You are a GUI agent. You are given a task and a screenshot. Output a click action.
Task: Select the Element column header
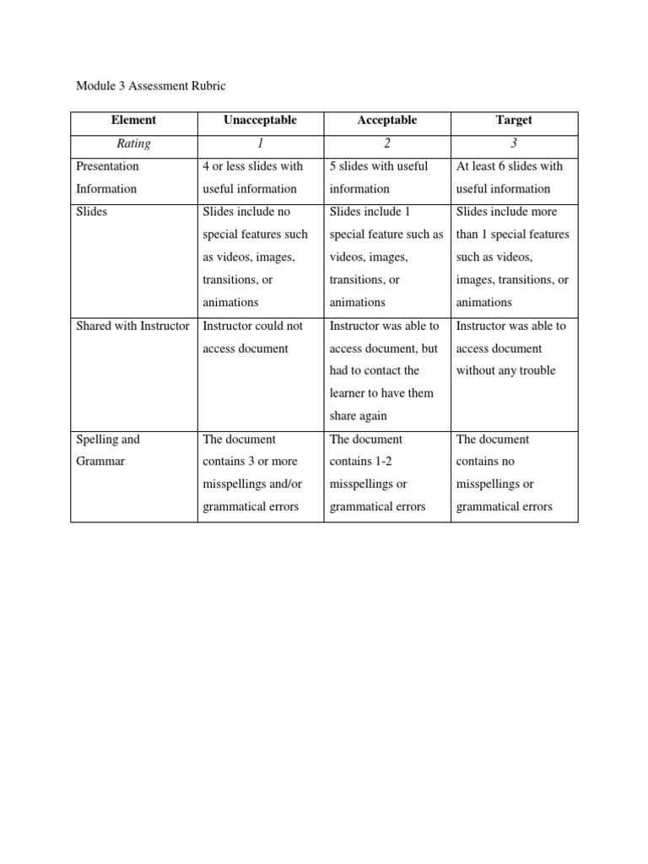click(133, 121)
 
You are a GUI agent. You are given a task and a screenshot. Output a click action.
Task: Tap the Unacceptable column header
click(260, 121)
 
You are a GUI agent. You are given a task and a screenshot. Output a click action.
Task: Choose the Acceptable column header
click(387, 121)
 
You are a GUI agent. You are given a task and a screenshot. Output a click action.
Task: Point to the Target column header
click(514, 121)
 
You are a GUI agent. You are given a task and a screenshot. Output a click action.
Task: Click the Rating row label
click(133, 143)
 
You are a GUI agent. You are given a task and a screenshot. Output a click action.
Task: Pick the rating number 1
click(260, 143)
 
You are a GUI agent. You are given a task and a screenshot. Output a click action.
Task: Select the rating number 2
click(387, 143)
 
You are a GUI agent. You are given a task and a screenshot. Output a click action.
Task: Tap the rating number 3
click(514, 143)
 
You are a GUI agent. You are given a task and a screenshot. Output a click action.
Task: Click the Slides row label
click(92, 212)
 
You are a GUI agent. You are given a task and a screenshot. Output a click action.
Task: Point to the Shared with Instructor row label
click(132, 326)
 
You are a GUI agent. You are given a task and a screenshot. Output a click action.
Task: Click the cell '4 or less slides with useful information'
click(252, 177)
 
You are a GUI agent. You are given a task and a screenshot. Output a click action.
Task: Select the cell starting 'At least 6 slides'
click(509, 177)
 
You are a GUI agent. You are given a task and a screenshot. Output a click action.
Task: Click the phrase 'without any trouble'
click(505, 370)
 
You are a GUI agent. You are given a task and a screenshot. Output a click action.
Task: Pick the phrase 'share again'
click(359, 416)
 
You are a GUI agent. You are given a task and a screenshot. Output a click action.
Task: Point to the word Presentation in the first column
click(107, 166)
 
